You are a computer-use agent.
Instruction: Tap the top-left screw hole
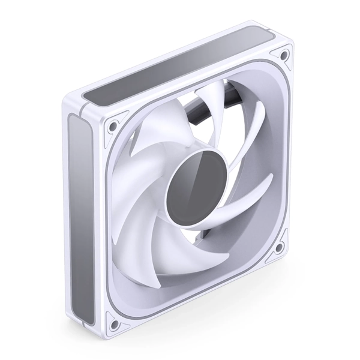(111, 127)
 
